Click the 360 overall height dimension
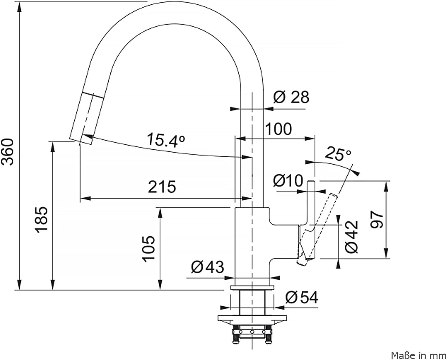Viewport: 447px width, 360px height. click(7, 152)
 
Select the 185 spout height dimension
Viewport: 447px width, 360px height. click(41, 219)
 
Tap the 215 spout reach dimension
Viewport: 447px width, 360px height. click(162, 187)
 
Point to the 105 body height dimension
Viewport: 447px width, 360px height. click(149, 249)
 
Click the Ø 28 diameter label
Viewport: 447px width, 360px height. click(291, 97)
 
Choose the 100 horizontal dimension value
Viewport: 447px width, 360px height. click(278, 129)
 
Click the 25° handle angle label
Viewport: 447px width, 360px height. click(338, 154)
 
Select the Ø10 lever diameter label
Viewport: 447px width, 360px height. click(288, 180)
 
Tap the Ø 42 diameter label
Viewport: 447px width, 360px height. click(352, 237)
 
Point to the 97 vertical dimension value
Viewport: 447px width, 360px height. click(377, 220)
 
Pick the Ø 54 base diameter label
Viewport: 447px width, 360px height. click(302, 298)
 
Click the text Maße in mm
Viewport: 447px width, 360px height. click(419, 355)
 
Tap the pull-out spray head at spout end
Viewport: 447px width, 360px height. click(87, 118)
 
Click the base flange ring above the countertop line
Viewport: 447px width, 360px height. click(252, 288)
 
